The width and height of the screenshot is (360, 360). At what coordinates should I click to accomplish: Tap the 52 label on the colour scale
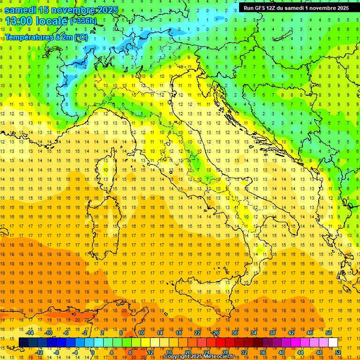point(337,352)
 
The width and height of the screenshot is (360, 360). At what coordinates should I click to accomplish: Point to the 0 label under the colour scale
point(93,352)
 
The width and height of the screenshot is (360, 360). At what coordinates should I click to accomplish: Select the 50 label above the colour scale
point(329,333)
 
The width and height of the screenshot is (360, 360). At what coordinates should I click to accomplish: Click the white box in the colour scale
point(333,342)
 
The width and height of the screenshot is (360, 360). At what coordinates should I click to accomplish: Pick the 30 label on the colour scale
point(234,333)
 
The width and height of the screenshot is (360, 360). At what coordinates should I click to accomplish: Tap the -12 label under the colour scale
point(39,352)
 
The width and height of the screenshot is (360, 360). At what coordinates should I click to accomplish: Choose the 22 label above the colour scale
point(197,333)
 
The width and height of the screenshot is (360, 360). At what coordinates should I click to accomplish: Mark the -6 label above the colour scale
point(66,333)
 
